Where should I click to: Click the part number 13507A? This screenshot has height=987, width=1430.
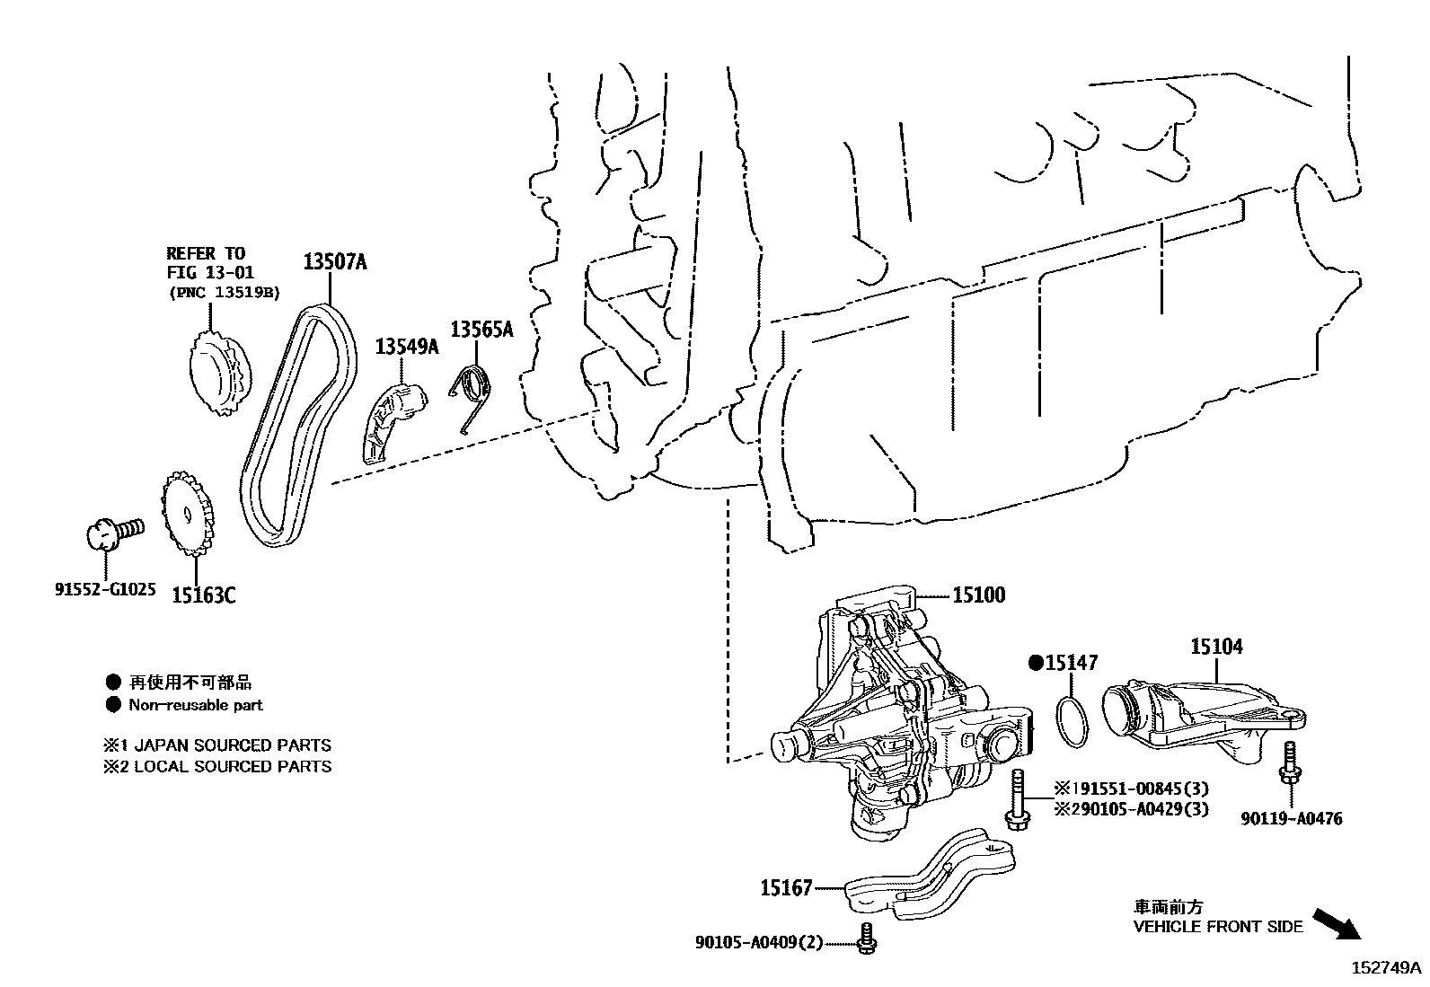[334, 262]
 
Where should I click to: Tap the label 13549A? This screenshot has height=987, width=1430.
[406, 346]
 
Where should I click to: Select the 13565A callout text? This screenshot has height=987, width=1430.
[481, 330]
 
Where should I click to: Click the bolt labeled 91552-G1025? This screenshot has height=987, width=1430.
[112, 532]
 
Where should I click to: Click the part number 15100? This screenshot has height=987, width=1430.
[979, 595]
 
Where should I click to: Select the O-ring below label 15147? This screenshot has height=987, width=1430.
[1071, 720]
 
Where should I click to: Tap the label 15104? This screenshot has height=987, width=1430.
[1217, 646]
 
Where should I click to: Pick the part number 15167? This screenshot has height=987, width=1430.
[786, 888]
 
